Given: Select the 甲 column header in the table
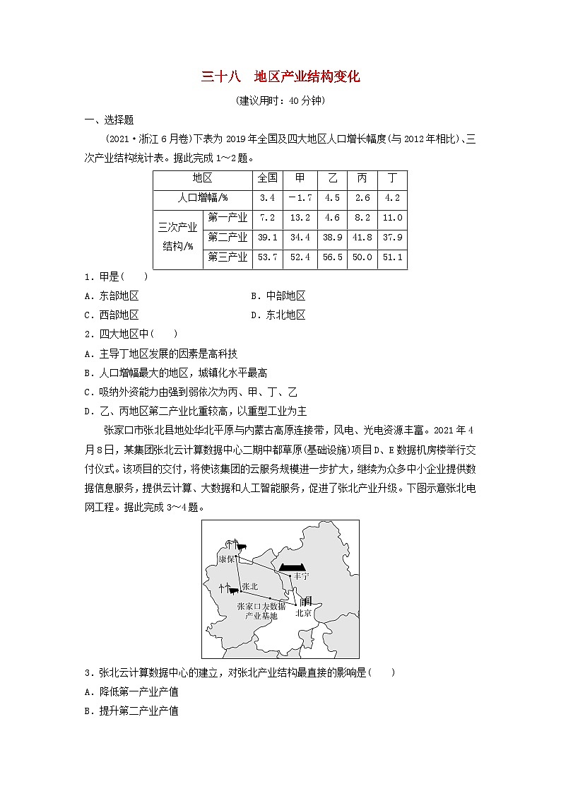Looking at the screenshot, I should tap(300, 178).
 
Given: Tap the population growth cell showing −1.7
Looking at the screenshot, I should tap(300, 198).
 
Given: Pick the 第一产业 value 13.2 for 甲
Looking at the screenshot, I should tap(300, 218).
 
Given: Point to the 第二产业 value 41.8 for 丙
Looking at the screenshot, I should tap(362, 238).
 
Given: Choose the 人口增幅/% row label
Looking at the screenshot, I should tap(201, 198).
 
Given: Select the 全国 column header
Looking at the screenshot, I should tap(267, 178).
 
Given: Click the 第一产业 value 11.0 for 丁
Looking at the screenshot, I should tap(391, 218).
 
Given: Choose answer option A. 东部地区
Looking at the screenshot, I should tap(111, 296).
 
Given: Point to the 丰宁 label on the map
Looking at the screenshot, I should tap(301, 576).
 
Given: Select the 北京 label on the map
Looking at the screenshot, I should tap(303, 614).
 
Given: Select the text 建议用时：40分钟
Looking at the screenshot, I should tap(280, 100).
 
